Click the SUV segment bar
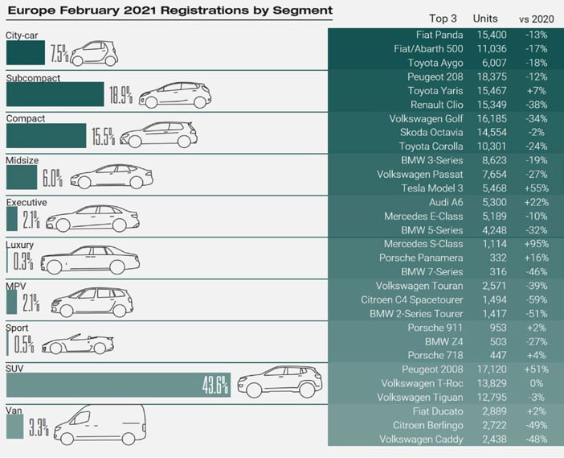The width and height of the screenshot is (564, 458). [118, 385]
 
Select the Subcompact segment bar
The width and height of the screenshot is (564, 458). [55, 94]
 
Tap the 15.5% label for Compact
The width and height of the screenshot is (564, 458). [103, 136]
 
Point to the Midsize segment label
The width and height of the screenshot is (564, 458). [22, 160]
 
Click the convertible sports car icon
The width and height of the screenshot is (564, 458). [78, 345]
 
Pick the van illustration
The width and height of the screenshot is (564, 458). [100, 424]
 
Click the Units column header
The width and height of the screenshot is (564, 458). [485, 19]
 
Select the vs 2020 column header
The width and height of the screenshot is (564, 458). [537, 19]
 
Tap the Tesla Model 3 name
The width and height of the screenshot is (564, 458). [432, 188]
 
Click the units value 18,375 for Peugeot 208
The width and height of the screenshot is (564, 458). [492, 76]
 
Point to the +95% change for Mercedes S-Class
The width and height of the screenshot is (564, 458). [537, 244]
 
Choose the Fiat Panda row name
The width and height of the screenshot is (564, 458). [439, 35]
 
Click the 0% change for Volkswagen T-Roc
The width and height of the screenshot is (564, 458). [537, 383]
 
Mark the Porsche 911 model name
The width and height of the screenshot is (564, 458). [435, 328]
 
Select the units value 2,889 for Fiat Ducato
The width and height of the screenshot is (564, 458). [494, 411]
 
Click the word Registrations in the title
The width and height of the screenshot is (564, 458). [204, 10]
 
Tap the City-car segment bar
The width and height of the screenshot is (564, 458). [26, 52]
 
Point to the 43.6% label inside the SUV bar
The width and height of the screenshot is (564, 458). [215, 385]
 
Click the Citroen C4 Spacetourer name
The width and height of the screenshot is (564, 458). [412, 299]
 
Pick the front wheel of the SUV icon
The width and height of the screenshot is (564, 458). [254, 390]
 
